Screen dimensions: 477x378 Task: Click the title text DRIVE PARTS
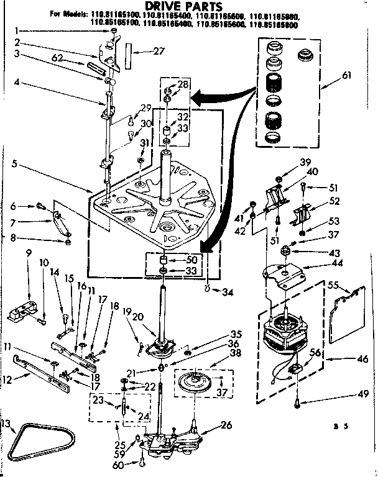(188, 6)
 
